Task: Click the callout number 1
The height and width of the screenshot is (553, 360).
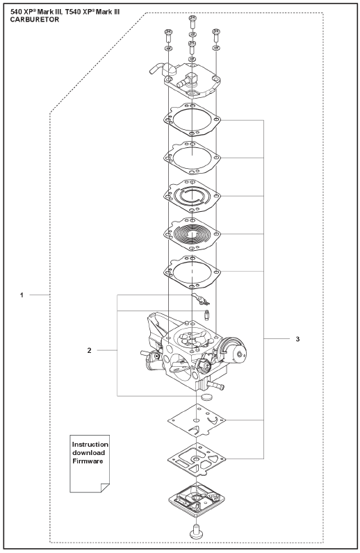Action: tap(22, 295)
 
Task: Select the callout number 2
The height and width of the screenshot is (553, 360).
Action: tap(89, 350)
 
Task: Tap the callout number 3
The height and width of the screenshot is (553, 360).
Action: tap(297, 339)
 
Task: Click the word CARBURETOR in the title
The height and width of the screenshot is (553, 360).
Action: tap(35, 19)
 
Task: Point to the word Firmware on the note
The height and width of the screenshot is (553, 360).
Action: tap(88, 461)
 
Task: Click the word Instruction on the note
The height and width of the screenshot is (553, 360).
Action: tap(90, 445)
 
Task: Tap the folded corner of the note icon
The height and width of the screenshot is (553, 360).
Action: tap(105, 488)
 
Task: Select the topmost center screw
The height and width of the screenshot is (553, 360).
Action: tap(193, 22)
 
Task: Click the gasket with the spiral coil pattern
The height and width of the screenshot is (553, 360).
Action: tap(192, 234)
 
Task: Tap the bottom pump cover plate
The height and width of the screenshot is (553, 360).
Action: tap(196, 499)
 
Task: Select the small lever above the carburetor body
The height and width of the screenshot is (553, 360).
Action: tap(199, 299)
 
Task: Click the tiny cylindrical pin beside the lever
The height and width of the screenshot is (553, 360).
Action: tap(207, 315)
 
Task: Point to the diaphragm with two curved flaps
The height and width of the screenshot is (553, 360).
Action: tap(197, 422)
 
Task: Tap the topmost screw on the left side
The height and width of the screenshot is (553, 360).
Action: tap(168, 36)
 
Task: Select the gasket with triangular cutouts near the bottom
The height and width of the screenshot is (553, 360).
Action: tap(197, 459)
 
